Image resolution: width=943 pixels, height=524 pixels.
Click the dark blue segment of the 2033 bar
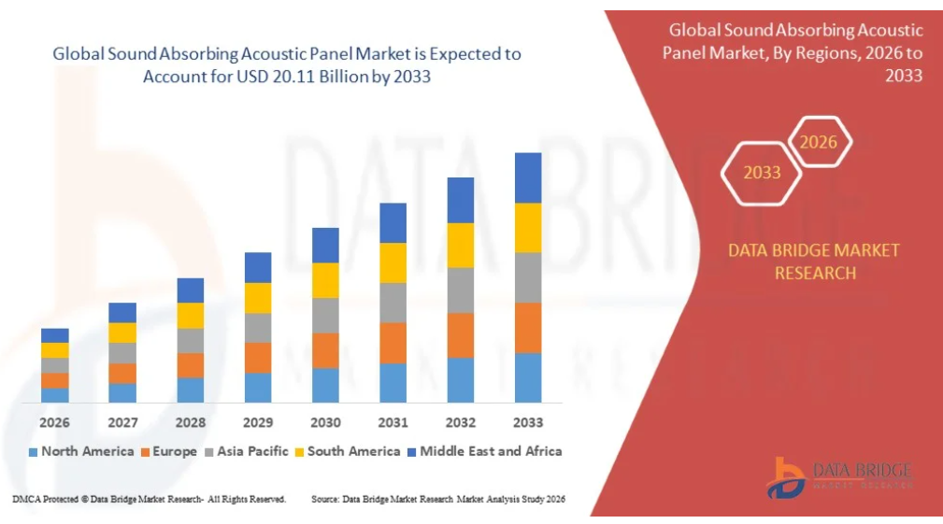(x=528, y=177)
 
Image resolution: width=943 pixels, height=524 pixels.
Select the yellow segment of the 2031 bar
(x=393, y=262)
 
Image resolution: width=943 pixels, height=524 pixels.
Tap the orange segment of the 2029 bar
(x=258, y=358)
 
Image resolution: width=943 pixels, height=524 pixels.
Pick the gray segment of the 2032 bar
(x=461, y=290)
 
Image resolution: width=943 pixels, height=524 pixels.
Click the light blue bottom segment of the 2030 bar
(x=325, y=385)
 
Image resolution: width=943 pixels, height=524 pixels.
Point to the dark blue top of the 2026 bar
(x=55, y=335)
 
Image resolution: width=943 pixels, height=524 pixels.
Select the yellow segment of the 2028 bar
(x=190, y=316)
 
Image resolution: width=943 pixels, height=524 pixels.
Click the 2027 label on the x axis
(x=122, y=422)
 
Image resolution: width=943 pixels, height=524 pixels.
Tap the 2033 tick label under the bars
(x=528, y=422)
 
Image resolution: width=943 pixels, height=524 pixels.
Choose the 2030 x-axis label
(x=325, y=422)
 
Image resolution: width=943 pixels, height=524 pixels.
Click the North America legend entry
(x=81, y=451)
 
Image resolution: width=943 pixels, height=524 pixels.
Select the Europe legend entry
(x=169, y=451)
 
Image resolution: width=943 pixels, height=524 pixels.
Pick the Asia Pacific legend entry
(x=247, y=451)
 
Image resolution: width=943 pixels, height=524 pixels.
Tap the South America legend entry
(x=348, y=451)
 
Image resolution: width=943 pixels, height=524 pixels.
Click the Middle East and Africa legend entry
(x=485, y=451)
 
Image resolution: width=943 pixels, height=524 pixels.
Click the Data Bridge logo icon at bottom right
(x=785, y=478)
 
